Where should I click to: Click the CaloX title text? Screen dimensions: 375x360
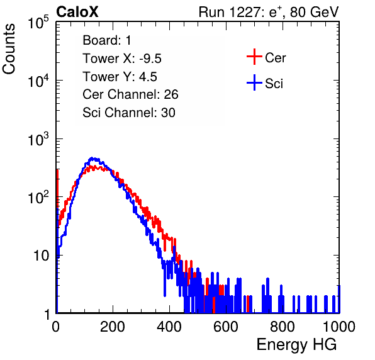77,12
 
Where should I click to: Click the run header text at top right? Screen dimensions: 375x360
269,12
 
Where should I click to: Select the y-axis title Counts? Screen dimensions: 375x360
9,49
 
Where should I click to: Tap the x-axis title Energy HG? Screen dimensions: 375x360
296,345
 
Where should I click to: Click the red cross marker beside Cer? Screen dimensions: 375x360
254,57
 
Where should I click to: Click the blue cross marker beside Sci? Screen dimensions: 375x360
254,82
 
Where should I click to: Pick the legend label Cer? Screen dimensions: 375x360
275,58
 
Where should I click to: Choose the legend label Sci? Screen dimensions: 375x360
274,84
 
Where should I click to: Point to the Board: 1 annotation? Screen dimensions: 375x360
107,40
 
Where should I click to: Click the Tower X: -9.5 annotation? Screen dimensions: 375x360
122,59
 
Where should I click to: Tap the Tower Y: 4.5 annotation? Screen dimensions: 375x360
120,77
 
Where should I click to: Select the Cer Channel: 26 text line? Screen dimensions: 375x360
130,94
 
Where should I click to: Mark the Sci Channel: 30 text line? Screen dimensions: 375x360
129,113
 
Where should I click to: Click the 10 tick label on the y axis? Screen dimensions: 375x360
42,256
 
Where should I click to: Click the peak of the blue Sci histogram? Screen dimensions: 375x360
92,158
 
